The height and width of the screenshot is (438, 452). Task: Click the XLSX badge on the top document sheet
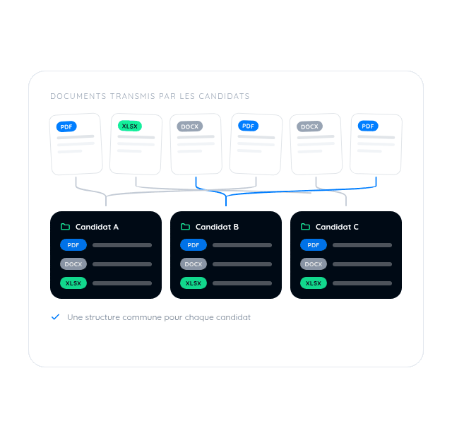click(130, 126)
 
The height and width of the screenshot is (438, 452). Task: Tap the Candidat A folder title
click(97, 227)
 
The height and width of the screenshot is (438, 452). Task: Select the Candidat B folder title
click(217, 227)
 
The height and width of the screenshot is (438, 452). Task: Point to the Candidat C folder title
click(337, 227)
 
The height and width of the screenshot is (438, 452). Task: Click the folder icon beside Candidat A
click(66, 227)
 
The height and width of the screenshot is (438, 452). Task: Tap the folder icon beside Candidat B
click(185, 227)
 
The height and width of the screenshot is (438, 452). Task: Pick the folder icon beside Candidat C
click(306, 227)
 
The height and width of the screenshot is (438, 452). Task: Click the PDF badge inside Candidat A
click(73, 245)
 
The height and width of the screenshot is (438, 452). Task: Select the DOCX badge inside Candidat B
click(194, 264)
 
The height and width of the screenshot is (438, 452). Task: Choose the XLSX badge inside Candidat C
click(314, 283)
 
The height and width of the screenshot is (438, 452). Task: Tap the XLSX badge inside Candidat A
click(73, 283)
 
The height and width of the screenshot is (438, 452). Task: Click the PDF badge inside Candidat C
click(314, 245)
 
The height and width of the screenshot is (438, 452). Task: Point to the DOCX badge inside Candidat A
click(73, 264)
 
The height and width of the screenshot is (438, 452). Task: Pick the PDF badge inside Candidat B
click(194, 245)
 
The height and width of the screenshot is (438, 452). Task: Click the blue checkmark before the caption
click(55, 317)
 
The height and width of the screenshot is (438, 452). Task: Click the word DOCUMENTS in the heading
click(78, 96)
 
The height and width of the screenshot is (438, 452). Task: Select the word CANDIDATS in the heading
click(224, 96)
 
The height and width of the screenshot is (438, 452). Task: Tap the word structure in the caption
click(102, 317)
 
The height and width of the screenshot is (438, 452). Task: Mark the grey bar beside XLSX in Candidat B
click(242, 283)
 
